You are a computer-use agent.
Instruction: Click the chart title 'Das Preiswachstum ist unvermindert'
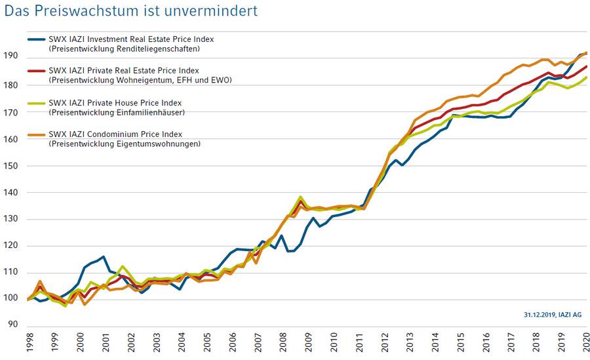tap(131, 10)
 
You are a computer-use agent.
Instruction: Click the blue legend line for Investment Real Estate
tap(37, 39)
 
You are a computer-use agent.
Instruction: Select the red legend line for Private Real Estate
tap(37, 71)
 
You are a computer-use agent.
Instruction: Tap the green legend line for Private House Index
tap(37, 103)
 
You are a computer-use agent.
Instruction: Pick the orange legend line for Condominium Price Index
tap(37, 134)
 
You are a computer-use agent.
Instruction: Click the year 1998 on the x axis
tap(29, 344)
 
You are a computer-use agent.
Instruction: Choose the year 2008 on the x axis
tap(283, 344)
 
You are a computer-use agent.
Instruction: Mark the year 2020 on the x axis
tap(586, 344)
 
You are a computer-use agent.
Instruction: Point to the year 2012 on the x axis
tap(384, 344)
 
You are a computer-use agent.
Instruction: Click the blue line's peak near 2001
tap(104, 256)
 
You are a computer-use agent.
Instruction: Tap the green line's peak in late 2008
tap(300, 197)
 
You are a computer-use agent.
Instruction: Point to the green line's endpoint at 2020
tap(586, 77)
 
